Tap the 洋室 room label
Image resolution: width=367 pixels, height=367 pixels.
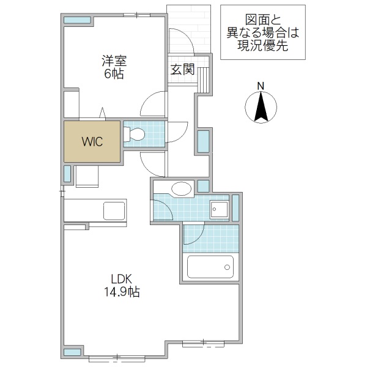click(114, 61)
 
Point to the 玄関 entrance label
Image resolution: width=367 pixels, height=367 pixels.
click(182, 69)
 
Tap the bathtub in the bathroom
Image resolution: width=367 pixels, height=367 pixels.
click(210, 267)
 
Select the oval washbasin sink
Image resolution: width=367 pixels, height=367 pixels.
click(182, 188)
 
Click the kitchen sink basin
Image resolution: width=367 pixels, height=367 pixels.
click(114, 210)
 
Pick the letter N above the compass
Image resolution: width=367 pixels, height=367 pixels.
click(260, 86)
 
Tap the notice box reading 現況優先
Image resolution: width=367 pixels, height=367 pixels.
click(262, 32)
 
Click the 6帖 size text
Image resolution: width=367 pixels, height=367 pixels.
click(114, 74)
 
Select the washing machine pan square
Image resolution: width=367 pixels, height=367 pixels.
click(218, 209)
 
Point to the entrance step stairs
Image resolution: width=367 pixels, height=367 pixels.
click(203, 78)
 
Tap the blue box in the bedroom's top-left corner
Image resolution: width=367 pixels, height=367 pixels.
click(78, 20)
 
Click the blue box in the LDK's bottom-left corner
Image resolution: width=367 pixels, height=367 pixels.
click(73, 352)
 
